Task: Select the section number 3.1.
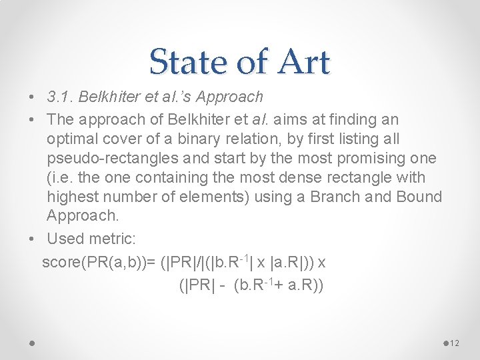tap(61, 97)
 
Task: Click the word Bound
tap(418, 197)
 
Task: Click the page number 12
tap(455, 343)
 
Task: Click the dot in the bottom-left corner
tap(32, 342)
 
